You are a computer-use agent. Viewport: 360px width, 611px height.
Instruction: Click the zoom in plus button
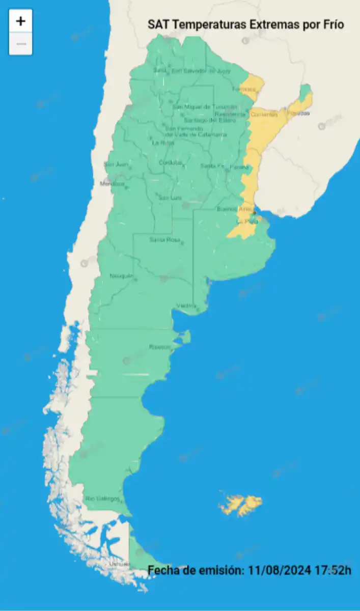pyautogui.click(x=20, y=21)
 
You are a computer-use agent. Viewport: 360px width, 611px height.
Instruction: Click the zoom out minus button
pyautogui.click(x=20, y=44)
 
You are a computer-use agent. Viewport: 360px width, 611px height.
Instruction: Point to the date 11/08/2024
pyautogui.click(x=278, y=570)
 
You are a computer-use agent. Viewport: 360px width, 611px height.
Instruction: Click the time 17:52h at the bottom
pyautogui.click(x=331, y=570)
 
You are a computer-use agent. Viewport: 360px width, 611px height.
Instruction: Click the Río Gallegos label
pyautogui.click(x=102, y=498)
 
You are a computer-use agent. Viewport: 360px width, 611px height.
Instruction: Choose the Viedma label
pyautogui.click(x=186, y=305)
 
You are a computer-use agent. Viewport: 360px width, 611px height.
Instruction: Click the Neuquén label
pyautogui.click(x=121, y=276)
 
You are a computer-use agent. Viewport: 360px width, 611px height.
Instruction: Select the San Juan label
pyautogui.click(x=116, y=164)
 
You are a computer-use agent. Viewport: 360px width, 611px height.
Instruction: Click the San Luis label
pyautogui.click(x=170, y=198)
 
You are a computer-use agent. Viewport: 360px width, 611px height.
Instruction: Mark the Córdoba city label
pyautogui.click(x=170, y=163)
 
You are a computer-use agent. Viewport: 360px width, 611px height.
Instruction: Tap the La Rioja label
pyautogui.click(x=163, y=143)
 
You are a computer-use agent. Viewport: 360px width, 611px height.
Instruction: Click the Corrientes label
pyautogui.click(x=264, y=115)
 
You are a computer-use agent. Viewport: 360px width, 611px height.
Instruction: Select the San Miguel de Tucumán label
pyautogui.click(x=205, y=106)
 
